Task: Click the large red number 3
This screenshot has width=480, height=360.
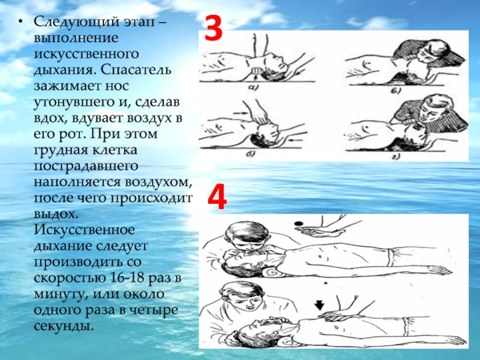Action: click(x=214, y=28)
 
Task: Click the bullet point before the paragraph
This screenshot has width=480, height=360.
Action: click(x=20, y=22)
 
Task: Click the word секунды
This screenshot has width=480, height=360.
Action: click(x=63, y=326)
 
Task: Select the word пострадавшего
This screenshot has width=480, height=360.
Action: click(x=86, y=167)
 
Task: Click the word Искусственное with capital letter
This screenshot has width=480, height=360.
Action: click(x=84, y=230)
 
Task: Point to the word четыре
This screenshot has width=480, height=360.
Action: click(x=153, y=310)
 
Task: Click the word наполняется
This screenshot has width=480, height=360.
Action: click(x=79, y=182)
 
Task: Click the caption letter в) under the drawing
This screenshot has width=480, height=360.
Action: click(x=397, y=91)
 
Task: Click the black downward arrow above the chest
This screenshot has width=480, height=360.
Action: click(x=319, y=305)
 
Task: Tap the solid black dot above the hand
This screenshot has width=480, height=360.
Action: click(x=298, y=223)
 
